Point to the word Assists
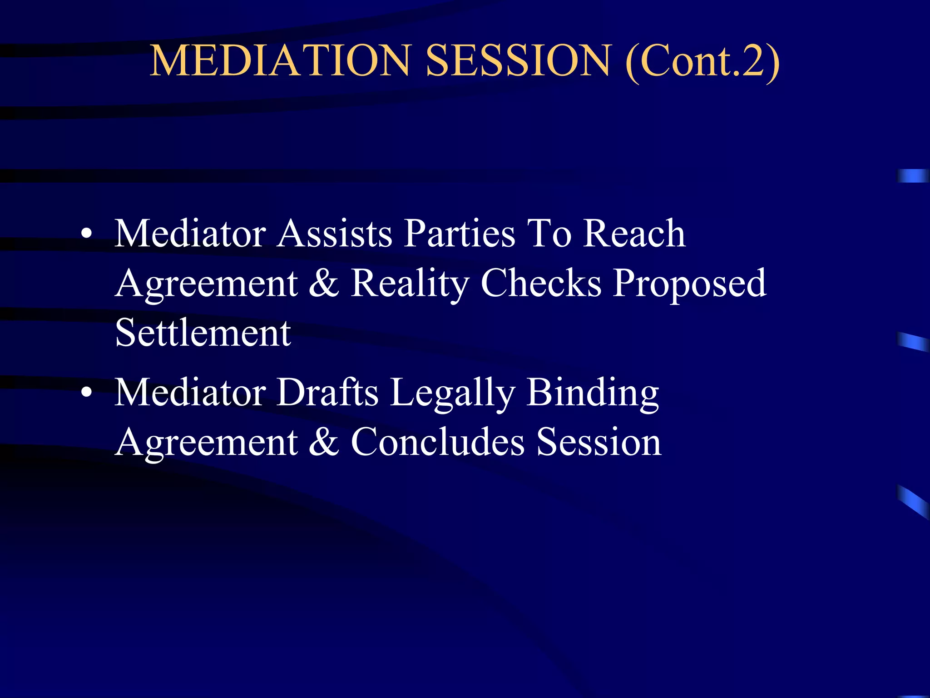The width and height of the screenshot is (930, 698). click(335, 234)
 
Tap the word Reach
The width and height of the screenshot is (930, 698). click(634, 234)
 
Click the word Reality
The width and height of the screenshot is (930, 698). click(410, 284)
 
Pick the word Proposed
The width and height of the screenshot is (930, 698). click(690, 284)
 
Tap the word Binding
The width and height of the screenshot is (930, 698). click(593, 394)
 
